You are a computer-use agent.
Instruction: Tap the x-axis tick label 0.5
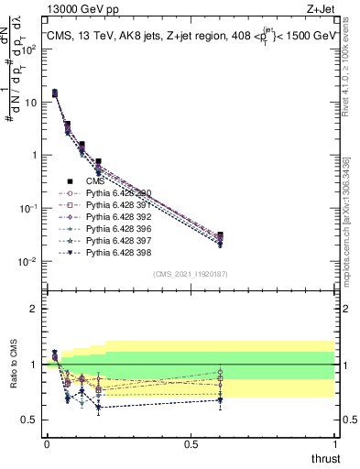tap(191, 443)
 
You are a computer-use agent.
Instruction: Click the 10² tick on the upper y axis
tap(27, 50)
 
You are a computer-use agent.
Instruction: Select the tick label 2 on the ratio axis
tap(34, 309)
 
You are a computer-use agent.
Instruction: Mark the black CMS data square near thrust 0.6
tap(220, 235)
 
